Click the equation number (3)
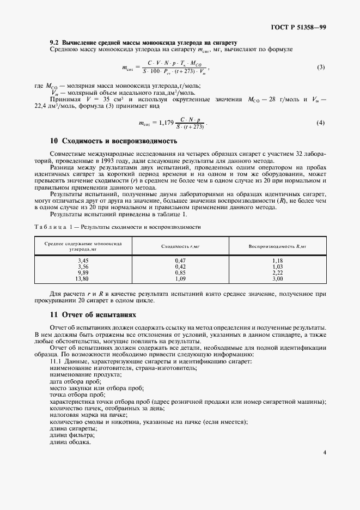tap(320, 68)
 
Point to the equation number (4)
tap(320, 123)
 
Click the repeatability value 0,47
tap(180, 261)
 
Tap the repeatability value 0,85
tap(180, 273)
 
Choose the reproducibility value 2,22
tap(277, 273)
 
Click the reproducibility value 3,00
tap(277, 278)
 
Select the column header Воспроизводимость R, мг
tap(277, 246)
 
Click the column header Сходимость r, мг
tap(180, 246)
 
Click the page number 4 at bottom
tap(324, 452)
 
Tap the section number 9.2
tap(54, 42)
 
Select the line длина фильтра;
tap(72, 435)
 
